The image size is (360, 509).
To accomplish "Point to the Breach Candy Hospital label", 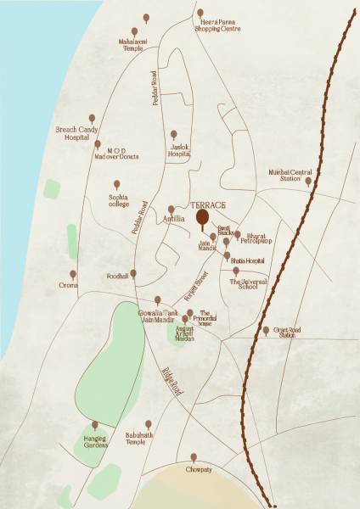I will click(x=77, y=133).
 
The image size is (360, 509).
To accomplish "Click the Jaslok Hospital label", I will click(x=177, y=151).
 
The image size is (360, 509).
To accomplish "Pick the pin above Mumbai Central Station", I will click(x=309, y=181).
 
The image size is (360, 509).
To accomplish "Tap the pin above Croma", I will click(x=72, y=275).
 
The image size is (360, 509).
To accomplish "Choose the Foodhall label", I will click(x=117, y=275).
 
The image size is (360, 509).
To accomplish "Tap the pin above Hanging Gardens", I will click(x=94, y=425).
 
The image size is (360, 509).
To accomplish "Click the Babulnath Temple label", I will click(x=149, y=438).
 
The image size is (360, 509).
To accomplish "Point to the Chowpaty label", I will click(x=194, y=467).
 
